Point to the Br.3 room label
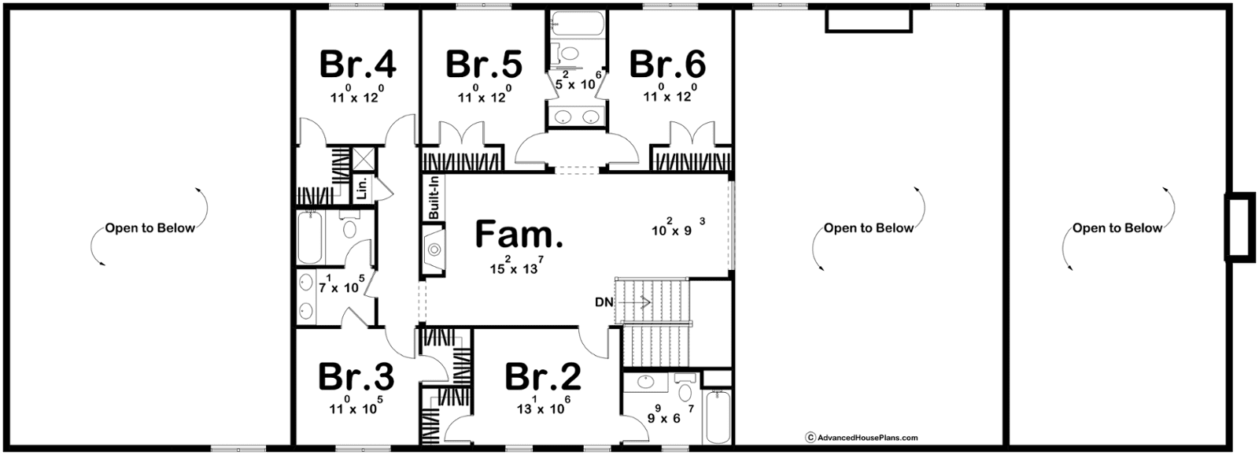point(356,377)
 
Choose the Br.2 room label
point(544,377)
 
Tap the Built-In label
point(434,198)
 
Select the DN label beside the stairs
point(604,302)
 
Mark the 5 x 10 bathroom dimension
point(578,83)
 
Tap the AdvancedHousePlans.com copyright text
point(862,437)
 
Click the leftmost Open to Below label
point(150,228)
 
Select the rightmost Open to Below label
point(1117,228)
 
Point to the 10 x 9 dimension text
point(678,228)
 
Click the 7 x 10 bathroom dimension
point(342,285)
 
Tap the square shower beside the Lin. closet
point(363,159)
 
